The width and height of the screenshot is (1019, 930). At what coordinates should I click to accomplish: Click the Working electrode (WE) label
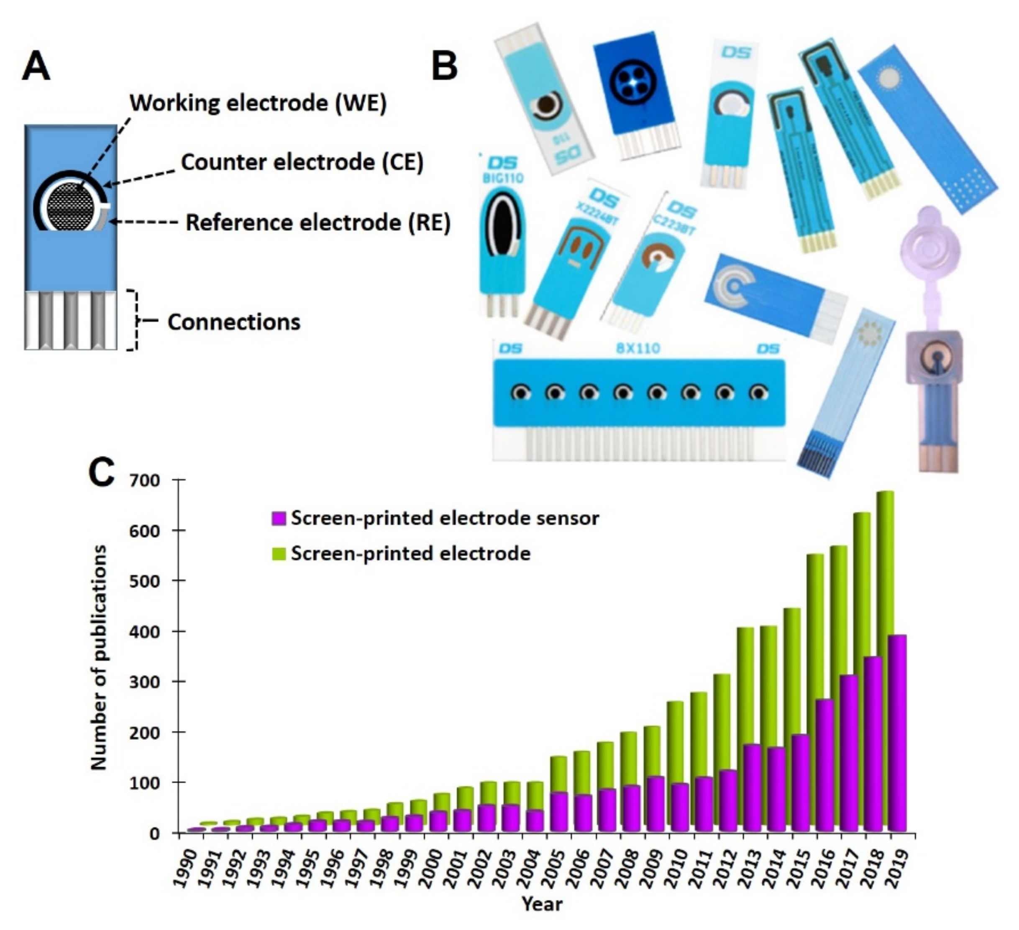coord(258,103)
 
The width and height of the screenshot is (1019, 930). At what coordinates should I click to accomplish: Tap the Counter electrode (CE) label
coord(302,163)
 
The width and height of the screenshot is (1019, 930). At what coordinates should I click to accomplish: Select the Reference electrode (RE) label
coord(318,223)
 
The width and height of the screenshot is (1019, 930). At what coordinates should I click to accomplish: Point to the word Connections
coord(233,322)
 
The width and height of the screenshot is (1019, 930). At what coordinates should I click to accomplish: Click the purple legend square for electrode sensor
coord(279,518)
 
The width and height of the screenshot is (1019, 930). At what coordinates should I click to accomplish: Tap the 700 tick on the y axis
coord(146,480)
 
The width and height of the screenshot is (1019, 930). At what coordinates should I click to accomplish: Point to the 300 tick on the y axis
coord(146,682)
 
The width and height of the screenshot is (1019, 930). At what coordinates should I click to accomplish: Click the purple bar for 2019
coord(897,733)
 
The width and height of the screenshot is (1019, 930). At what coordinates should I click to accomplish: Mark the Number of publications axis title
coord(99,657)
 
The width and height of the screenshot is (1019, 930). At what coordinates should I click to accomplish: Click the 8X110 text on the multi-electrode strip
coord(638,349)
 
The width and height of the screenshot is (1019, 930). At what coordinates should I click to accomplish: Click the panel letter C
coord(101,473)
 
